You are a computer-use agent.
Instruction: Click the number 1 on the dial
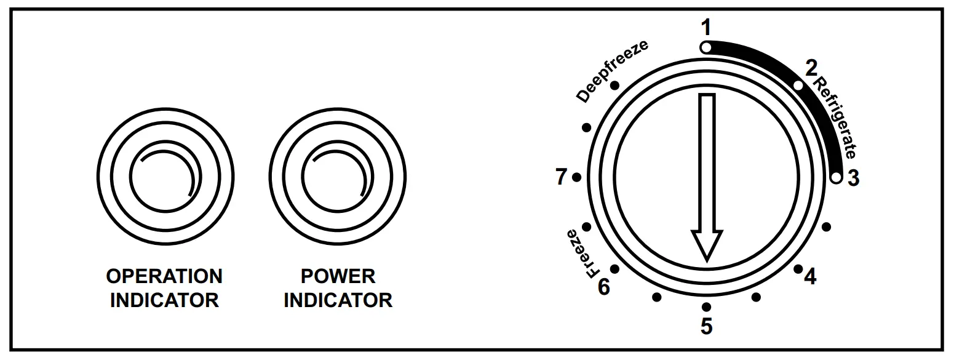click(x=706, y=28)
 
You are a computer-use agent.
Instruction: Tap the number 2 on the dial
click(x=811, y=68)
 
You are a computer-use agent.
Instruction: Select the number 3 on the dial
click(x=853, y=178)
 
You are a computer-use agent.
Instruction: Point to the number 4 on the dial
click(x=811, y=278)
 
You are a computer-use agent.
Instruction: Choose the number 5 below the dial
click(x=706, y=326)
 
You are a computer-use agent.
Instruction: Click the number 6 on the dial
click(x=604, y=286)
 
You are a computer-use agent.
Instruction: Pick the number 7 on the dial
click(x=560, y=178)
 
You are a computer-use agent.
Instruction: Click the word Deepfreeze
click(x=613, y=72)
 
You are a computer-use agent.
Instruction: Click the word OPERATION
click(x=164, y=276)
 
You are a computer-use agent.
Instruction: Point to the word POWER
click(x=338, y=276)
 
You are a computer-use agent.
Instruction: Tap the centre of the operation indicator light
click(x=165, y=178)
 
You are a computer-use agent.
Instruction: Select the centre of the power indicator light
click(x=337, y=178)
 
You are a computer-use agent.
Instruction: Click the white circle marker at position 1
click(x=706, y=47)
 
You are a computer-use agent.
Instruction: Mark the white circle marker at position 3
click(x=835, y=178)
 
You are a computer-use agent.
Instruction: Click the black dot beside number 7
click(x=576, y=178)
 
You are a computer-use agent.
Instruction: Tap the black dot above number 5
click(x=706, y=306)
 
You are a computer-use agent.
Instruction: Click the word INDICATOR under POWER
click(x=338, y=300)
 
